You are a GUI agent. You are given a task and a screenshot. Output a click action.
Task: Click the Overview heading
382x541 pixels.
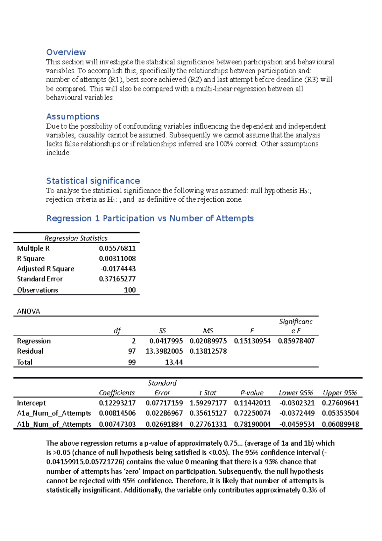pos(66,52)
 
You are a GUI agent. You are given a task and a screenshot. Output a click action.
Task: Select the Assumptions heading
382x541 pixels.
pos(73,117)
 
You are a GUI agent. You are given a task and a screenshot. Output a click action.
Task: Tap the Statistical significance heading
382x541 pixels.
pos(93,181)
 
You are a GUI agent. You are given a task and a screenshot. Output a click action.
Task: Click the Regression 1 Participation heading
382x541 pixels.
pos(150,219)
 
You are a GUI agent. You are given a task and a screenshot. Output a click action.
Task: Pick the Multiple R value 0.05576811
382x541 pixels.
pos(117,249)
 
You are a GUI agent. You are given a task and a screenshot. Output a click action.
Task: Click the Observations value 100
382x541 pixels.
pos(130,290)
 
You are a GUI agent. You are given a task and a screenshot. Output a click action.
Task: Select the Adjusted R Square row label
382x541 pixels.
pos(46,269)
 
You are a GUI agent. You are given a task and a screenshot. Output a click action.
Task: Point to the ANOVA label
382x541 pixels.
pos(28,312)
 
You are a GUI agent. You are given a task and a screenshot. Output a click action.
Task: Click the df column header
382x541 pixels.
pos(117,331)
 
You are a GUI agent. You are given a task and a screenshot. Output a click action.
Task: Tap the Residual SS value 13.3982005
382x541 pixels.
pos(164,351)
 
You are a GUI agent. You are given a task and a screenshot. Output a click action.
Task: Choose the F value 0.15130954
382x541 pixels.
pos(252,341)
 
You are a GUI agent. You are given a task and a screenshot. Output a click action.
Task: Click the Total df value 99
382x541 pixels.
pos(132,363)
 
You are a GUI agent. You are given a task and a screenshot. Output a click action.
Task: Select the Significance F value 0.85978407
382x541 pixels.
pos(296,341)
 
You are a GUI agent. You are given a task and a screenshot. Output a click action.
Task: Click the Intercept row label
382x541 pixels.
pos(31,403)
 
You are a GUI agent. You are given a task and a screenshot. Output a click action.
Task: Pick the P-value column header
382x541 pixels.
pos(252,393)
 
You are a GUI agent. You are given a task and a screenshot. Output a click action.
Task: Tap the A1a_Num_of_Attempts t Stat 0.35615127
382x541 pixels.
pos(208,414)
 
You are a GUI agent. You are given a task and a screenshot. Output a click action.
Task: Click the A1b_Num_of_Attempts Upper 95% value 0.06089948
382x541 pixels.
pos(340,425)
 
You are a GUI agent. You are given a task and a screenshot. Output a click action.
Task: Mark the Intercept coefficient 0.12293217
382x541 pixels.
pos(117,403)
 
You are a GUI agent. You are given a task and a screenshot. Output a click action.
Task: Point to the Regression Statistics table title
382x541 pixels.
pos(76,238)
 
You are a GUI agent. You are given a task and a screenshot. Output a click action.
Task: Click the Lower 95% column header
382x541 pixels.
pos(296,393)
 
